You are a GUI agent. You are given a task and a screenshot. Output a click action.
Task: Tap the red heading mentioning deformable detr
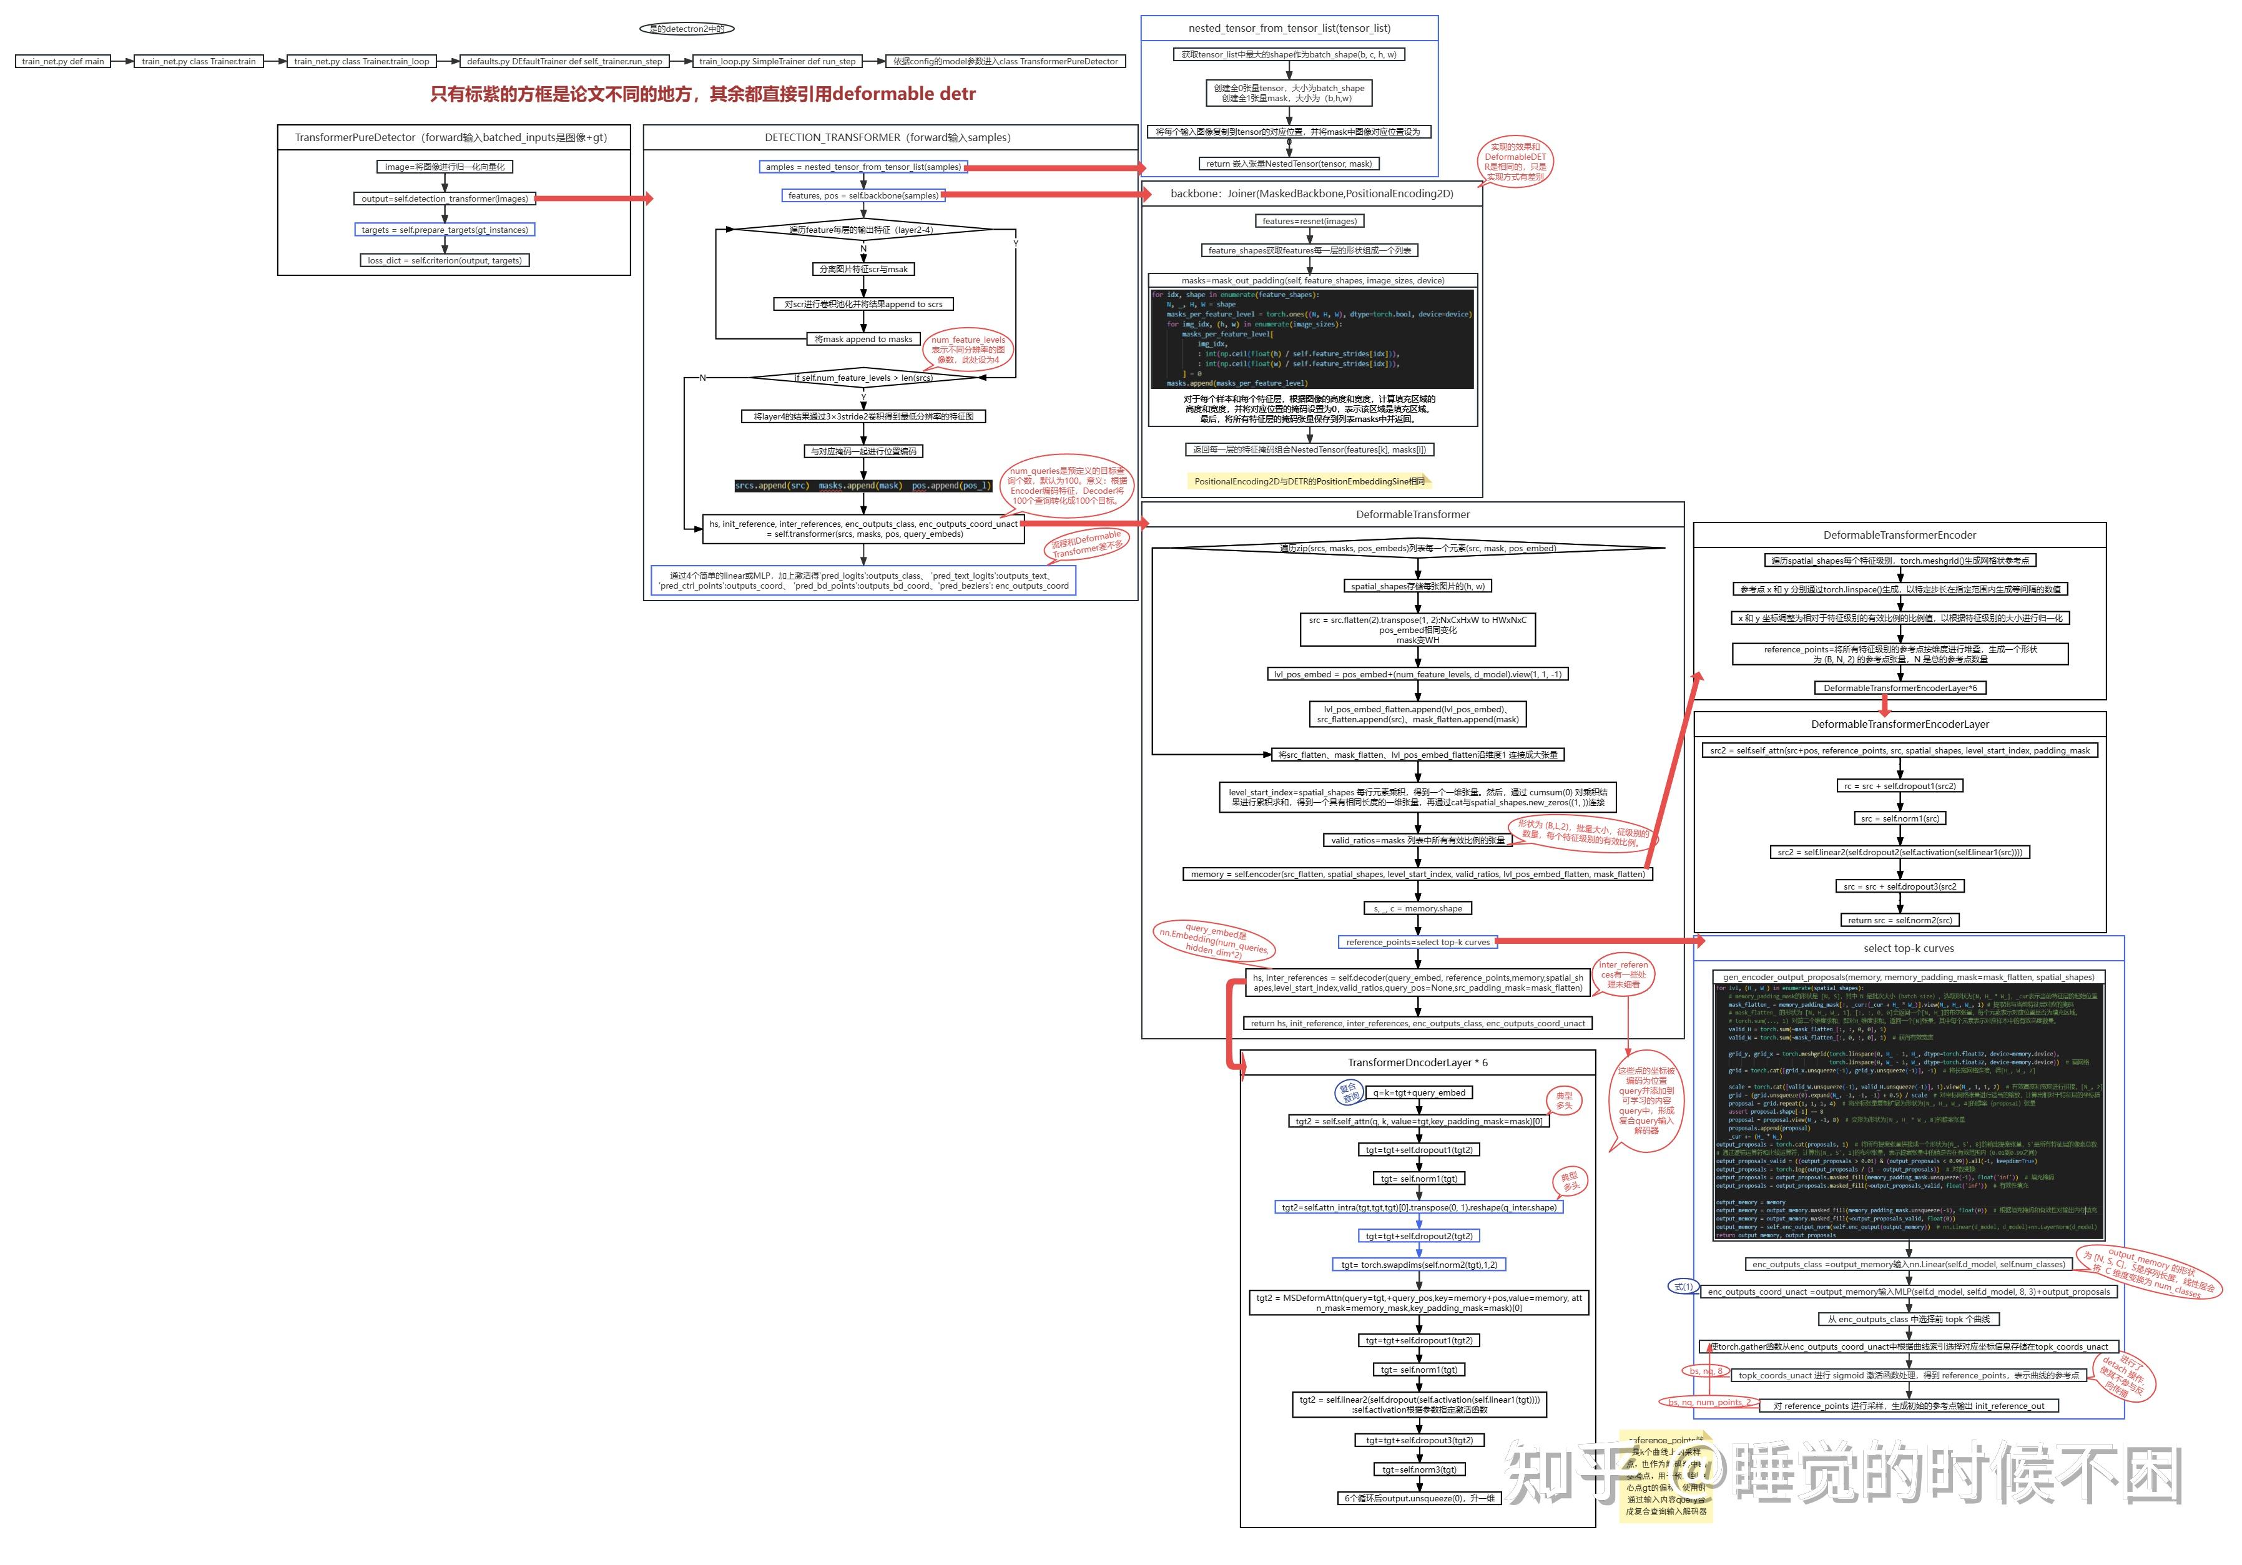(x=702, y=94)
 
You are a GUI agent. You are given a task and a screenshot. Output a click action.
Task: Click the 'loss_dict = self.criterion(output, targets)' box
(x=445, y=261)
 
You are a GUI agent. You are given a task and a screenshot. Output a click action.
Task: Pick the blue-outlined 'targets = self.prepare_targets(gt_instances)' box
(x=445, y=230)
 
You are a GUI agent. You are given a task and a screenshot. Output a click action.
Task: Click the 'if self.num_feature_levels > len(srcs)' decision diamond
(x=863, y=378)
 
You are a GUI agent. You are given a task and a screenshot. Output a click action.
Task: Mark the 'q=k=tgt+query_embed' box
(x=1419, y=1092)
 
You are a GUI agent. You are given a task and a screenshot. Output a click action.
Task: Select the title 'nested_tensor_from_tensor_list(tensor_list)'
(x=1289, y=28)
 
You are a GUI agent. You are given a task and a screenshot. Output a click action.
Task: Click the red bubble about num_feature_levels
(x=966, y=350)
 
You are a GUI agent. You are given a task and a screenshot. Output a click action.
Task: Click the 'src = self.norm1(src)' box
(x=1899, y=819)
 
